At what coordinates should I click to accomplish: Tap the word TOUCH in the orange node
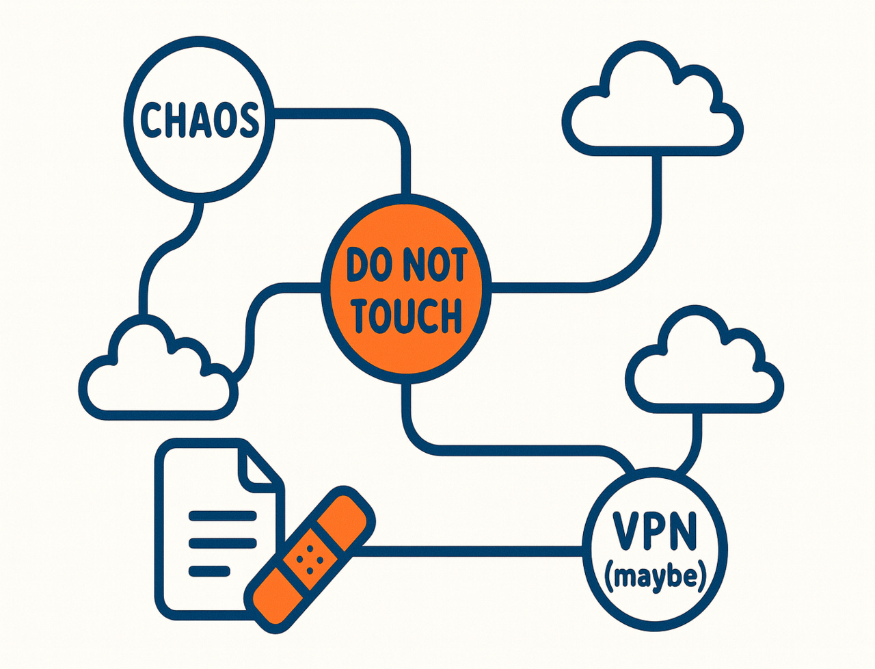(406, 315)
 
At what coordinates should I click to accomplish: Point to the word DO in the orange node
(369, 265)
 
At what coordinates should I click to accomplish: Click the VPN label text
(654, 531)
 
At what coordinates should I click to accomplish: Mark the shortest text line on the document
(208, 568)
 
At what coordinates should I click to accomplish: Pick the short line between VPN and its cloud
(697, 438)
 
